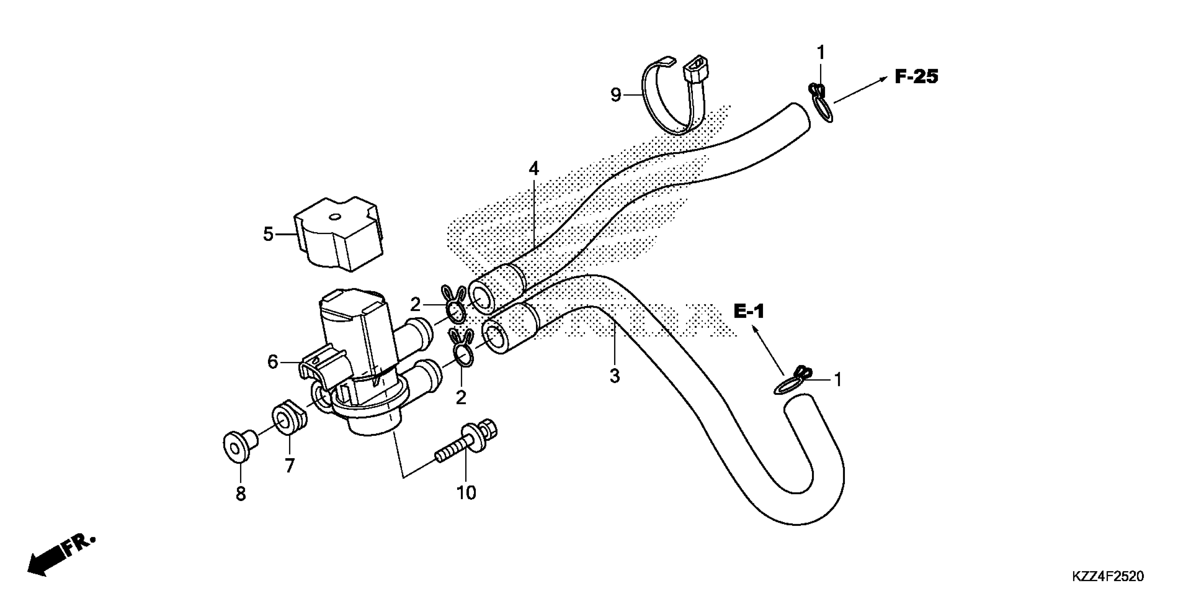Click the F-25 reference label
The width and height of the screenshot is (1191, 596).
(x=916, y=77)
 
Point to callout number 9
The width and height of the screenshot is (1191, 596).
(x=615, y=95)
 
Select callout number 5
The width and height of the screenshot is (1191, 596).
(x=268, y=234)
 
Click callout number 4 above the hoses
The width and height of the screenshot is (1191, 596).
(x=533, y=169)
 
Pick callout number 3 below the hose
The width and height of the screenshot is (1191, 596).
(x=614, y=376)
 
